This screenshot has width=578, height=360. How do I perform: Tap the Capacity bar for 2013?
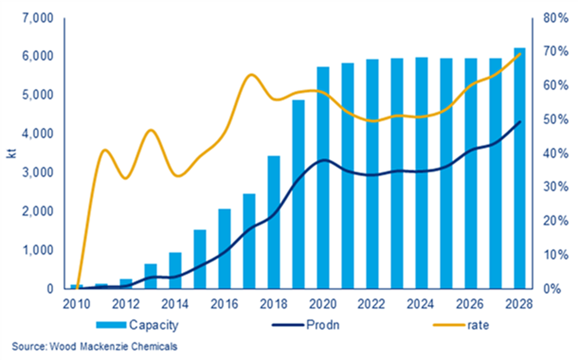pyautogui.click(x=151, y=276)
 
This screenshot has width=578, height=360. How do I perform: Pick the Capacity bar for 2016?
pyautogui.click(x=224, y=249)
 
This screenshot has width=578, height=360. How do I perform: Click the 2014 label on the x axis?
pyautogui.click(x=175, y=304)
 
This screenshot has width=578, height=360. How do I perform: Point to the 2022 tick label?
pyautogui.click(x=372, y=304)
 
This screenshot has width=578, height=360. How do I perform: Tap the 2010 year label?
pyautogui.click(x=76, y=304)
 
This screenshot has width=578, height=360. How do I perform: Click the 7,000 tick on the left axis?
pyautogui.click(x=38, y=18)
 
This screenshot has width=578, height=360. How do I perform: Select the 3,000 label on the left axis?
pyautogui.click(x=38, y=173)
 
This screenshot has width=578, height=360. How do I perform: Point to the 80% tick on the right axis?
pyautogui.click(x=556, y=18)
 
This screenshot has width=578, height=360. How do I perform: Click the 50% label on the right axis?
pyautogui.click(x=556, y=120)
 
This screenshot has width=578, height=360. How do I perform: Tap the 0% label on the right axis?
pyautogui.click(x=552, y=289)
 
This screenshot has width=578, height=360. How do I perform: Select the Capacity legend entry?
pyautogui.click(x=153, y=325)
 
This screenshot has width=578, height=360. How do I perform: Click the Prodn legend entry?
pyautogui.click(x=322, y=325)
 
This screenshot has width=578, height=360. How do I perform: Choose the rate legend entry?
pyautogui.click(x=478, y=325)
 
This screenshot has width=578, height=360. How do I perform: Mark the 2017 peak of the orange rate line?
pyautogui.click(x=251, y=75)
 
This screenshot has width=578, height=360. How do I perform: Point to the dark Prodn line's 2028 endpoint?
pyautogui.click(x=520, y=122)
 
